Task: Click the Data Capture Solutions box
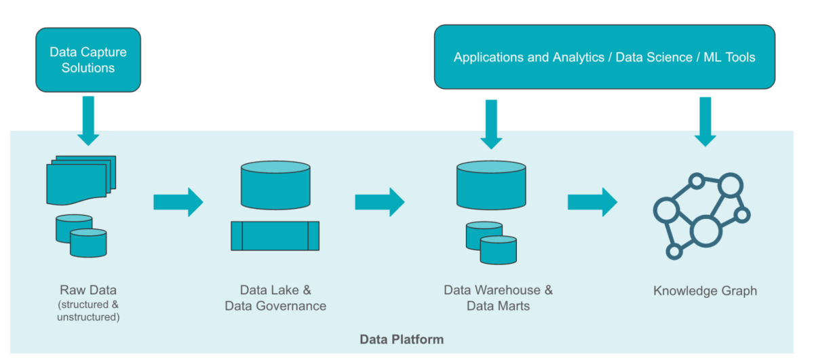click(88, 60)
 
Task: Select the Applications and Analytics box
click(604, 57)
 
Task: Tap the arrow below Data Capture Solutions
click(88, 120)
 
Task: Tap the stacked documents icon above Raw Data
click(79, 180)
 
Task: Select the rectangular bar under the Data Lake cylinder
click(275, 235)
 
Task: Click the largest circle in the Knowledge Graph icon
click(705, 231)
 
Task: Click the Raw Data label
click(88, 290)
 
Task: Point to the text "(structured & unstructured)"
click(88, 310)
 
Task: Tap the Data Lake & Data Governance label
click(275, 298)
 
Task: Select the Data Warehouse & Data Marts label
click(499, 298)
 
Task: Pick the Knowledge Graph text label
click(705, 291)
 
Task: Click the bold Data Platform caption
click(402, 339)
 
